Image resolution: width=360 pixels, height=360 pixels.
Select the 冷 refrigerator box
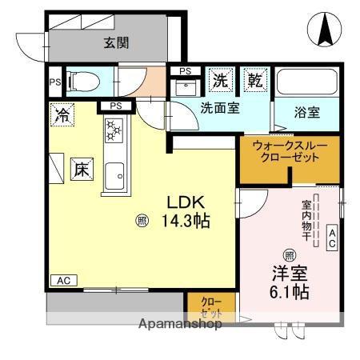pos(61,114)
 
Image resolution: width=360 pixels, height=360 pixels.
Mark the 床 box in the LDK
pos(80,169)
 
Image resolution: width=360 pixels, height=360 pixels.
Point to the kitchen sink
pos(114,172)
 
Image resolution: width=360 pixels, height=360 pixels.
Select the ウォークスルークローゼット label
pos(286,152)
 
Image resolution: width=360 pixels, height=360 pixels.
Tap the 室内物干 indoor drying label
pos(306,217)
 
